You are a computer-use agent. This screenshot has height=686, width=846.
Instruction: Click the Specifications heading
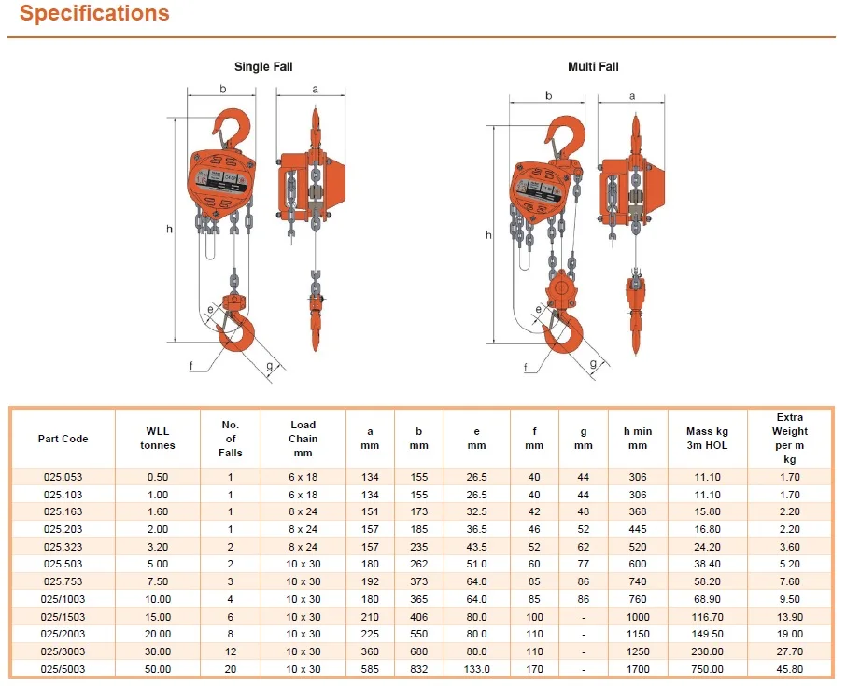(x=94, y=14)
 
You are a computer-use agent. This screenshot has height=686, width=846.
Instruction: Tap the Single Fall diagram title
(x=263, y=67)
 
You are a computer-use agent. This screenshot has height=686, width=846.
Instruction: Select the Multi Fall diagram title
(x=593, y=67)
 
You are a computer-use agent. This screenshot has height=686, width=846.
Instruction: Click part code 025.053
(x=63, y=477)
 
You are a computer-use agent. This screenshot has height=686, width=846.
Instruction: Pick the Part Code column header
(x=63, y=439)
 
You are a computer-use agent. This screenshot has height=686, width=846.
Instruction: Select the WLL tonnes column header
(x=158, y=439)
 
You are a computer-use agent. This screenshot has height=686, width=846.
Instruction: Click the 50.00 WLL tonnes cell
(x=158, y=668)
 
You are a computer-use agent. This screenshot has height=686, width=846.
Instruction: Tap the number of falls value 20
(x=231, y=668)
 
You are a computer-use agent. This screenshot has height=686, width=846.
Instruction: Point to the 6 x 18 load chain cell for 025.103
(x=303, y=494)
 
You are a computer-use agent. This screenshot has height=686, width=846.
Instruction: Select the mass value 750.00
(x=707, y=668)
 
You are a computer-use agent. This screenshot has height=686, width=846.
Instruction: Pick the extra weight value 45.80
(x=789, y=668)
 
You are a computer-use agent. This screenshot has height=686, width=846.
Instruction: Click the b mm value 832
(x=419, y=668)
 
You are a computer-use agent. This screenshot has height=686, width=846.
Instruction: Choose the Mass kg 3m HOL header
(x=707, y=439)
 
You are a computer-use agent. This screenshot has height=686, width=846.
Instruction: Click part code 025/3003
(x=63, y=651)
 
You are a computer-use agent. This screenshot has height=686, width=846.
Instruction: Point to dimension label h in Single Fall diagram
(x=168, y=229)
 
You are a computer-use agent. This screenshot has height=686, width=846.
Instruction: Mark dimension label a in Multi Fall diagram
(x=632, y=96)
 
